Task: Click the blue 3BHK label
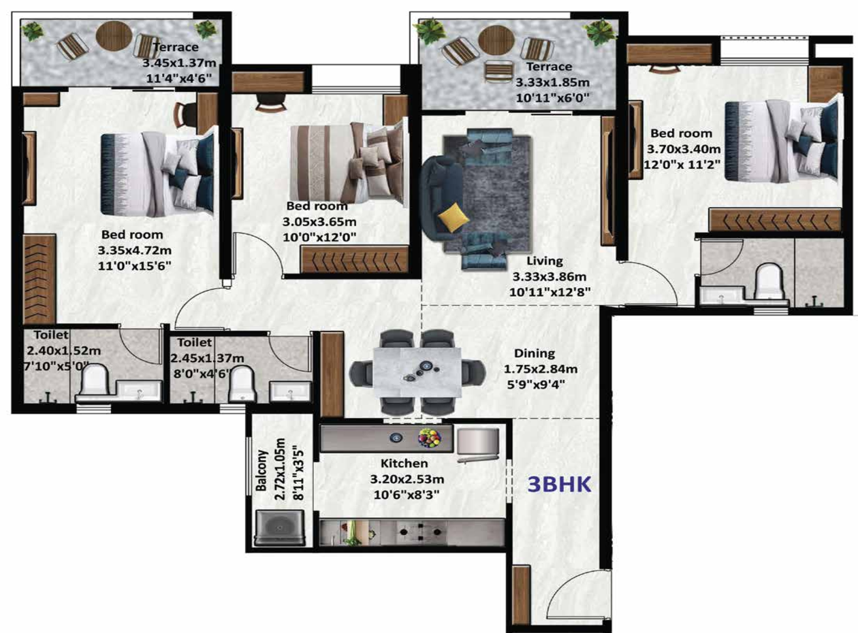[559, 484]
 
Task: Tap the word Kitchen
[404, 464]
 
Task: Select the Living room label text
[545, 261]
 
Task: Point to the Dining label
[535, 353]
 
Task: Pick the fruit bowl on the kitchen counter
[430, 438]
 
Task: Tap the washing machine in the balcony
[279, 527]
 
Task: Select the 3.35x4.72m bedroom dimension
[134, 250]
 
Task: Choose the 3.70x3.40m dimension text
[684, 149]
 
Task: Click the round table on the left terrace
[114, 35]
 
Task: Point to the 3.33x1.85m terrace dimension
[552, 82]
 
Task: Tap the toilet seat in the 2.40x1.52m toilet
[95, 383]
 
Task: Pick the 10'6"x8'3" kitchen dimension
[406, 495]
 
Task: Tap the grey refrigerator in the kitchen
[478, 442]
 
